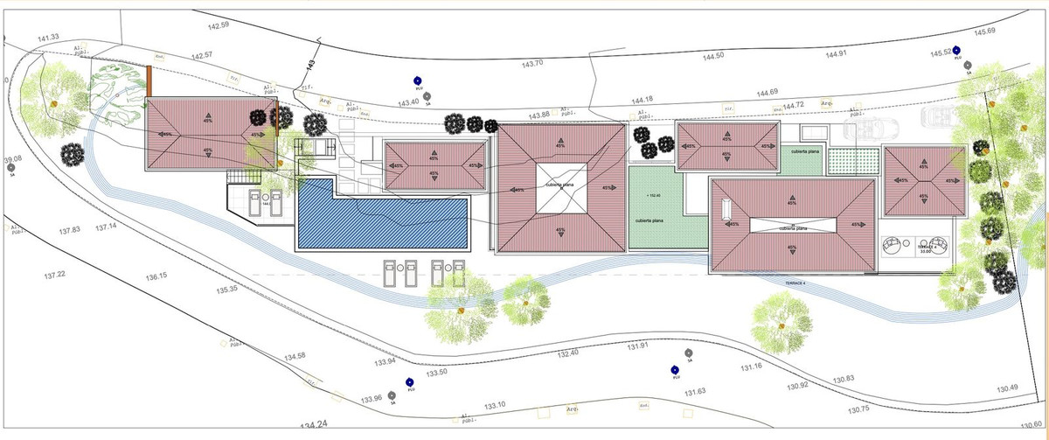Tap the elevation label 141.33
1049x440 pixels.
pos(48,37)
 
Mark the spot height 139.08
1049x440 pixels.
pos(12,160)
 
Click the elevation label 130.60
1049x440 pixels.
pos(1034,424)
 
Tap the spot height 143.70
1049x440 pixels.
pos(532,64)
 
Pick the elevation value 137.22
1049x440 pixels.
pos(54,275)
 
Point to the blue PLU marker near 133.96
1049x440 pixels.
pos(410,381)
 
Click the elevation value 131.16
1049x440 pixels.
pos(752,367)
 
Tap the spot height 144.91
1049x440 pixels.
pos(837,54)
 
